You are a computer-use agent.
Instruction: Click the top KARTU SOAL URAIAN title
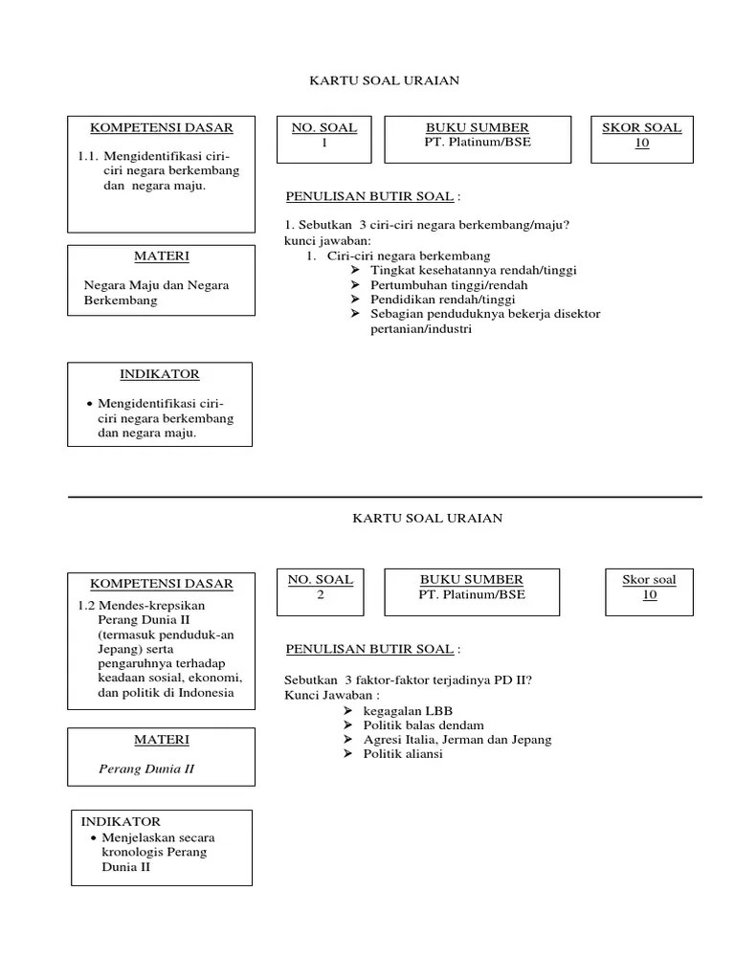point(384,80)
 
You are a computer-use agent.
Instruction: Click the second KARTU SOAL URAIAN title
point(427,518)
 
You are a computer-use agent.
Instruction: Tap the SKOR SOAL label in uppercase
point(641,127)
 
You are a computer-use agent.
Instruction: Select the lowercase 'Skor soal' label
point(649,579)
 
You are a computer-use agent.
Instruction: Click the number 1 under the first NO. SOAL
point(324,143)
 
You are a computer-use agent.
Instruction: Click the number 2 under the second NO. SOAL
point(321,594)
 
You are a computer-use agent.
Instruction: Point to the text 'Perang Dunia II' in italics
point(146,768)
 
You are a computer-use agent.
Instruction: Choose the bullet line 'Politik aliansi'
point(403,754)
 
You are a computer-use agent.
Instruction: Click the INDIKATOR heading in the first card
point(160,374)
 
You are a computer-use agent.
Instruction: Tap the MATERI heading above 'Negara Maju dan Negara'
point(162,256)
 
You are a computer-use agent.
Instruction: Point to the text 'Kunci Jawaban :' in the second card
point(331,695)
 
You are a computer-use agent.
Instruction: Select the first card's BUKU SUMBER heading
point(477,127)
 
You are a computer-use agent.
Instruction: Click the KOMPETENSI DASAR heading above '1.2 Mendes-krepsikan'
point(161,584)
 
